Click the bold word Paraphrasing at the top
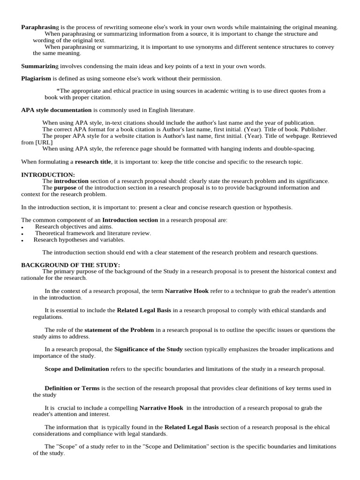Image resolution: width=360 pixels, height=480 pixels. tap(40, 28)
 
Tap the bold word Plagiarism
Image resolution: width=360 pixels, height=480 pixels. tap(36, 79)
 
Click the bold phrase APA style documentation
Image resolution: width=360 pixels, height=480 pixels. tap(56, 110)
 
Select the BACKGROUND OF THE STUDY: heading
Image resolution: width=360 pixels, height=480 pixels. tap(70, 265)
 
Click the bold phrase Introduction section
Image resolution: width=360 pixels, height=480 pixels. tap(130, 220)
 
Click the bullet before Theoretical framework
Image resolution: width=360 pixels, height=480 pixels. tap(22, 234)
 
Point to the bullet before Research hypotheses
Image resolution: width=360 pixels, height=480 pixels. tap(22, 240)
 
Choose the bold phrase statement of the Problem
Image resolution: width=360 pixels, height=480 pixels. tap(119, 330)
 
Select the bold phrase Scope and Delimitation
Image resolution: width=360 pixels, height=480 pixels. tap(76, 369)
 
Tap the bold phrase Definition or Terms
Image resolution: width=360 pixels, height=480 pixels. tap(72, 388)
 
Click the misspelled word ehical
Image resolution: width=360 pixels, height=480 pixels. tap(322, 427)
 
